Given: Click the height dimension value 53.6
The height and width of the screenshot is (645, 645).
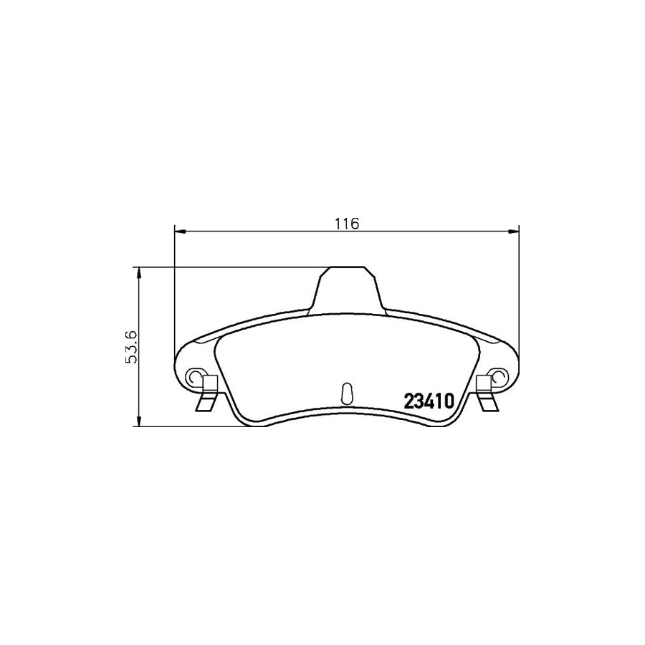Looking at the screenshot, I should click(130, 347).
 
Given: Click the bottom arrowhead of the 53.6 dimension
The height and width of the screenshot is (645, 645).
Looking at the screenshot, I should click(138, 423).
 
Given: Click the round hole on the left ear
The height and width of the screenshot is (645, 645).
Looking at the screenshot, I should click(193, 376).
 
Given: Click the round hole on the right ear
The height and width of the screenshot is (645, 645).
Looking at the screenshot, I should click(499, 376).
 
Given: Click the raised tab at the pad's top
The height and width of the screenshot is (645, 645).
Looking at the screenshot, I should click(346, 290).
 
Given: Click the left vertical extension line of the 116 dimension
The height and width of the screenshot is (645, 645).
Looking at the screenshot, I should click(175, 301).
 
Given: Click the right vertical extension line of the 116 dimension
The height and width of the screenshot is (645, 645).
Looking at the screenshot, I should click(518, 301).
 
